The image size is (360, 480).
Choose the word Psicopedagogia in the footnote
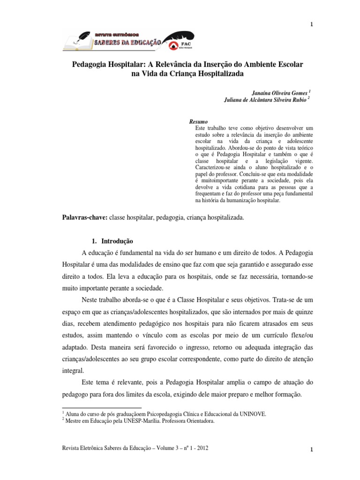[x=157, y=413]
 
